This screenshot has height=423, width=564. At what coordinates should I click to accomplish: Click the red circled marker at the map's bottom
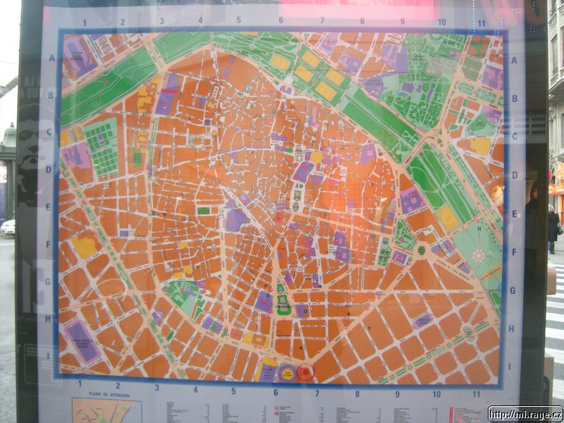[305, 373]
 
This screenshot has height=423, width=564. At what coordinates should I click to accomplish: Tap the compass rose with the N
[479, 255]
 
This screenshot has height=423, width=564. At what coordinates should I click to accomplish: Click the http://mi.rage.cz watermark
[525, 414]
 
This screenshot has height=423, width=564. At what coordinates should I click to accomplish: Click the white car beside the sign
[8, 227]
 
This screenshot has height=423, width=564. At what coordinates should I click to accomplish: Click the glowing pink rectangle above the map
[358, 11]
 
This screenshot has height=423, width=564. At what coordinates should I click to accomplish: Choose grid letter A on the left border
[51, 58]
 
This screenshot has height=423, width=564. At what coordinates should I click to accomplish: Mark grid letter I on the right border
[509, 366]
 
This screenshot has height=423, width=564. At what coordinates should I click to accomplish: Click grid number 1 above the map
[85, 23]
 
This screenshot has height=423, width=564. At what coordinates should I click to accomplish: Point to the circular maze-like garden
[415, 44]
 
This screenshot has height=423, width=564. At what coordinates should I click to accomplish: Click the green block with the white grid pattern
[102, 147]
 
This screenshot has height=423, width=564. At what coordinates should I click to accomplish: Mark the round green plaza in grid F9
[422, 250]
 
